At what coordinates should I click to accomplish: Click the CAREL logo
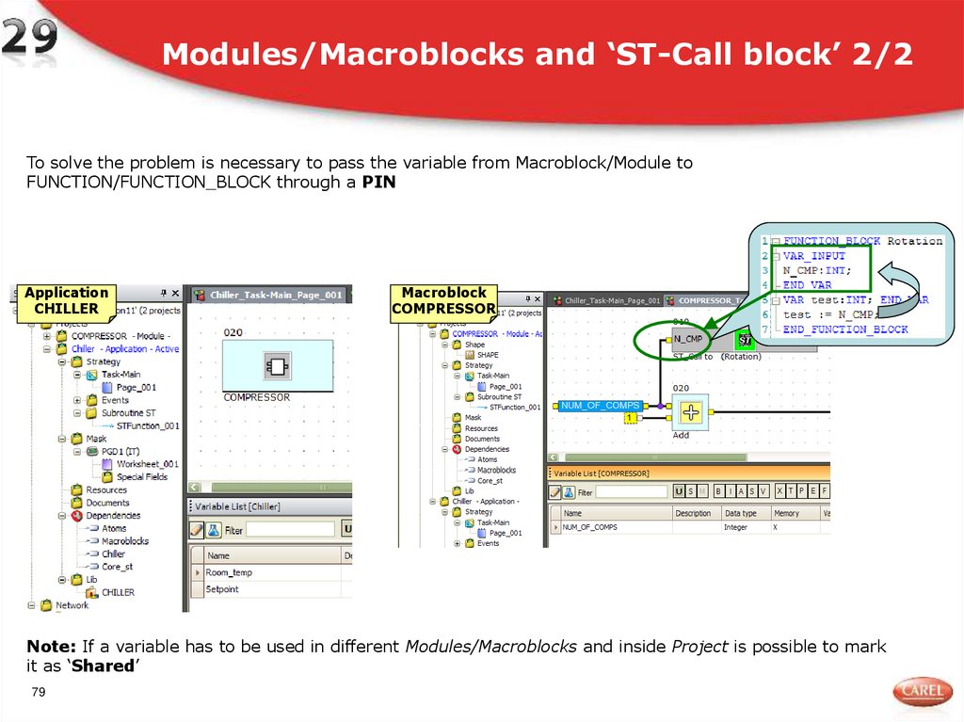[922, 692]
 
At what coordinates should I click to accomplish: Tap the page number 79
[39, 694]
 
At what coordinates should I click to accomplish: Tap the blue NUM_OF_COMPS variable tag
[601, 406]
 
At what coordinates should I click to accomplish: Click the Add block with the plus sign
[691, 411]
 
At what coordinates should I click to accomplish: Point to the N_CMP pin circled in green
[688, 339]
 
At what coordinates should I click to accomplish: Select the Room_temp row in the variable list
[230, 572]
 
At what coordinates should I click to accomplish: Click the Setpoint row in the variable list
[223, 589]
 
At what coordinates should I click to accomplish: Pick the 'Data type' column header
[741, 513]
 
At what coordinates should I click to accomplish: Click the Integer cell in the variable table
[735, 527]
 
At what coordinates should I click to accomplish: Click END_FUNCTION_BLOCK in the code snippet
[845, 329]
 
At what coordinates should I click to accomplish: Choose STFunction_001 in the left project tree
[147, 425]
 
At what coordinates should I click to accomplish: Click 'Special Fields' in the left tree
[142, 476]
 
